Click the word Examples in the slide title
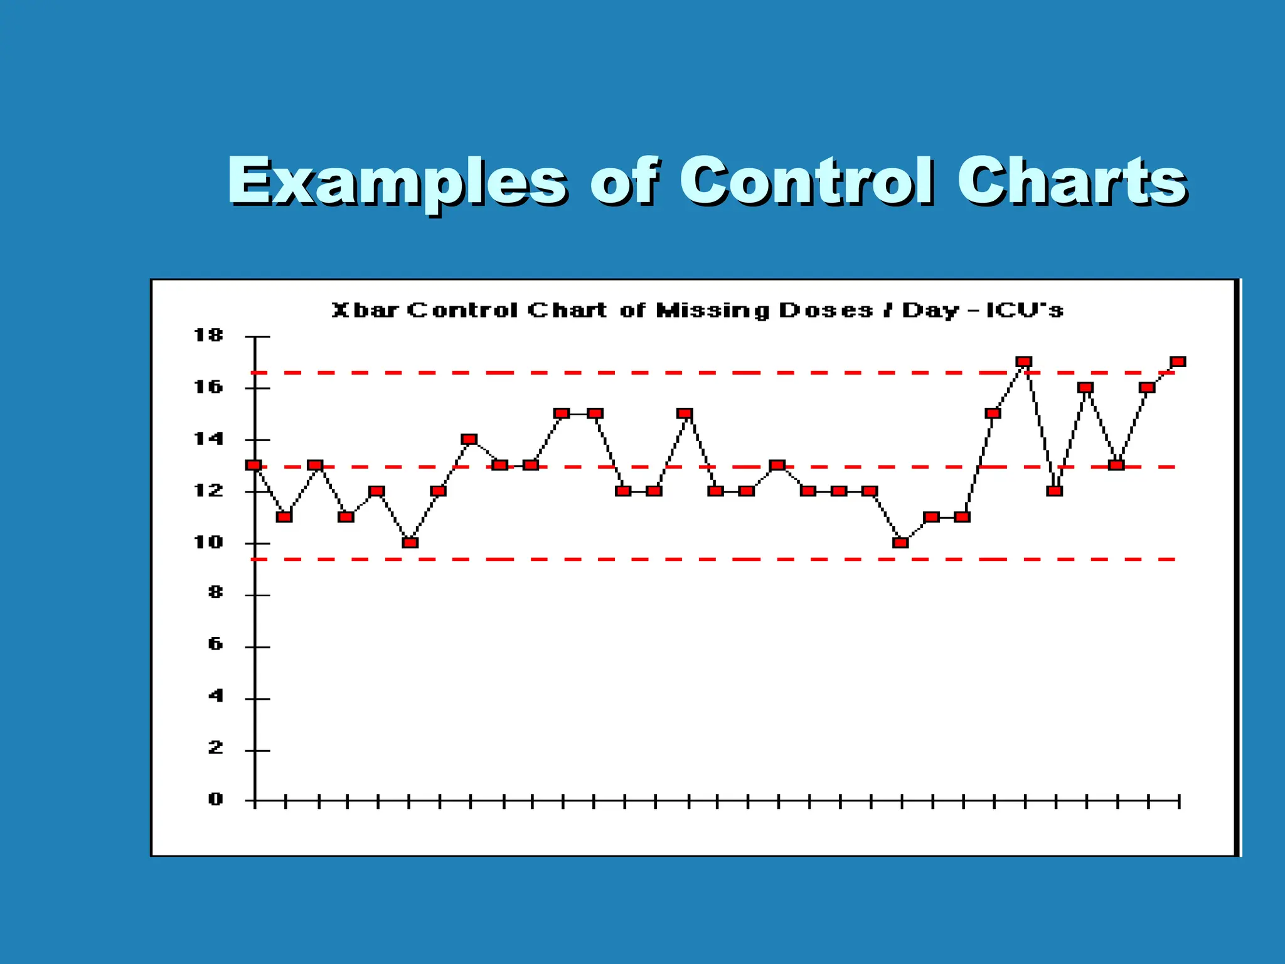tap(397, 182)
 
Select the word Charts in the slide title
tap(1070, 181)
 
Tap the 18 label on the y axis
tap(208, 336)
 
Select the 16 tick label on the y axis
tap(208, 387)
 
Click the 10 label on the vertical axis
tap(208, 542)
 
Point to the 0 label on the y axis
tap(215, 800)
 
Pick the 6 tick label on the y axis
tap(215, 645)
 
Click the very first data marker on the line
tap(253, 465)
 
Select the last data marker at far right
tap(1178, 361)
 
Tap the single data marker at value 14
tap(469, 439)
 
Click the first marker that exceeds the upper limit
tap(1023, 361)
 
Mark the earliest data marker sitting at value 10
tap(410, 542)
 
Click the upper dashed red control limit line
tap(627, 373)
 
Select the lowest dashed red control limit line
tap(627, 559)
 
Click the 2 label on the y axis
tap(215, 747)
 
